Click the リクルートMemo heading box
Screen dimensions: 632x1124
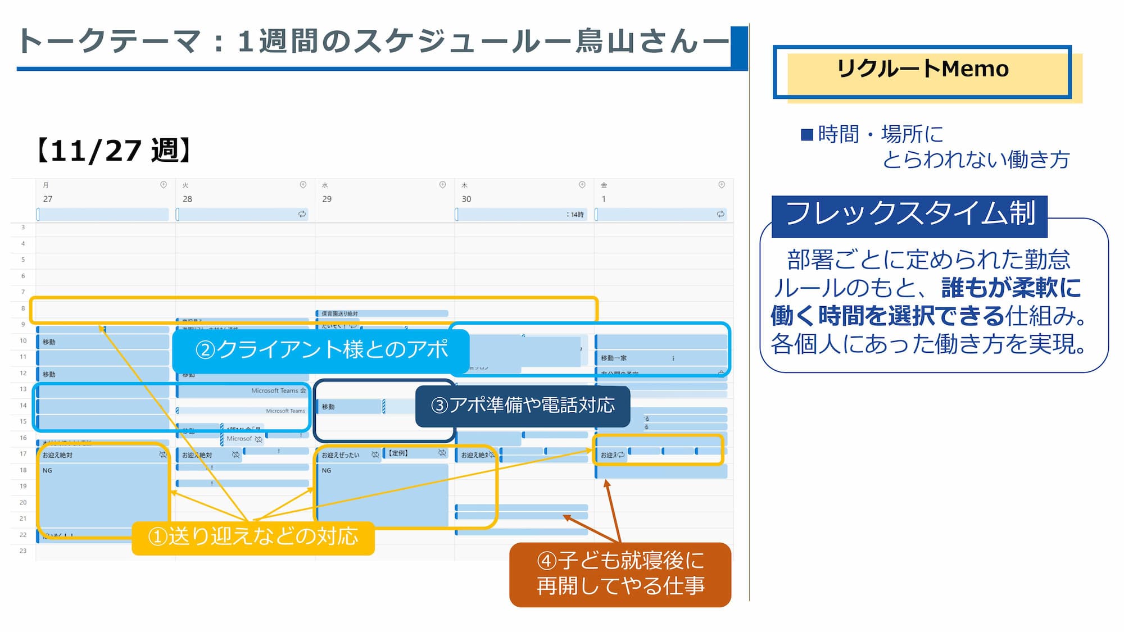(922, 70)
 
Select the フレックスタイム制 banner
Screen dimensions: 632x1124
(909, 215)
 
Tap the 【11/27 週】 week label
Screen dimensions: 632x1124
(114, 151)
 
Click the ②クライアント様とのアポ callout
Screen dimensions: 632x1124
(321, 350)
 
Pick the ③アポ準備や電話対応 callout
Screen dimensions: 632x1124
(522, 405)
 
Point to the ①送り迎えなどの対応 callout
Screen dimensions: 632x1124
(253, 536)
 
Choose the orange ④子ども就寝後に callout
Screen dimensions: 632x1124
(620, 574)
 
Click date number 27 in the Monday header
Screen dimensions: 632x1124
(48, 199)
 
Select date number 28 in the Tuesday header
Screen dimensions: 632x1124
(187, 199)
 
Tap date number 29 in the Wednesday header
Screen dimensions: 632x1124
(327, 199)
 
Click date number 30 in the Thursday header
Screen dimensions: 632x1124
(466, 199)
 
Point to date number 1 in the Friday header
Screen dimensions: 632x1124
(604, 199)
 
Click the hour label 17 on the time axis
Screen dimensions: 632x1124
(23, 453)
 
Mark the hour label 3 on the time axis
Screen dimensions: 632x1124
(23, 227)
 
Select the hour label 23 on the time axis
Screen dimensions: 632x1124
(23, 551)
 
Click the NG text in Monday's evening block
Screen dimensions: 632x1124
(47, 471)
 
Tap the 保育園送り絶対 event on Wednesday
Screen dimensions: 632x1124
(340, 313)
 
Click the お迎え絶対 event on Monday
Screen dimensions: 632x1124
(58, 455)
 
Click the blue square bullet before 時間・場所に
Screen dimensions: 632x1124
(807, 135)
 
